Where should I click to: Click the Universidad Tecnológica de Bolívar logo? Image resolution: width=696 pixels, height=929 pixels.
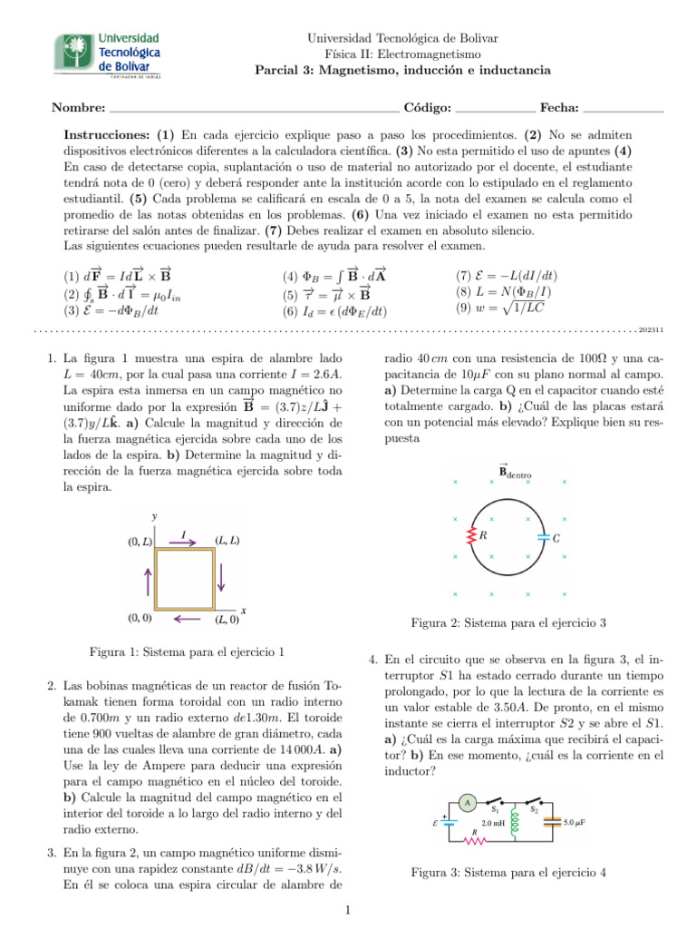point(110,56)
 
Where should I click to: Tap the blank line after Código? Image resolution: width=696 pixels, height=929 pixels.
point(497,111)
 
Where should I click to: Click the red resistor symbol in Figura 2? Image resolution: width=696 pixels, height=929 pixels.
point(471,537)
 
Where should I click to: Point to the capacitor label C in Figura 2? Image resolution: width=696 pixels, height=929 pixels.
point(556,538)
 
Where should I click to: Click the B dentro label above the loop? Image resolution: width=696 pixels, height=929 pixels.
point(515,470)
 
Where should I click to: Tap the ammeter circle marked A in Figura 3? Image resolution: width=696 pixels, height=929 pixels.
point(466,802)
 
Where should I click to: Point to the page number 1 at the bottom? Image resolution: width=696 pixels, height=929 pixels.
point(348,910)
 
